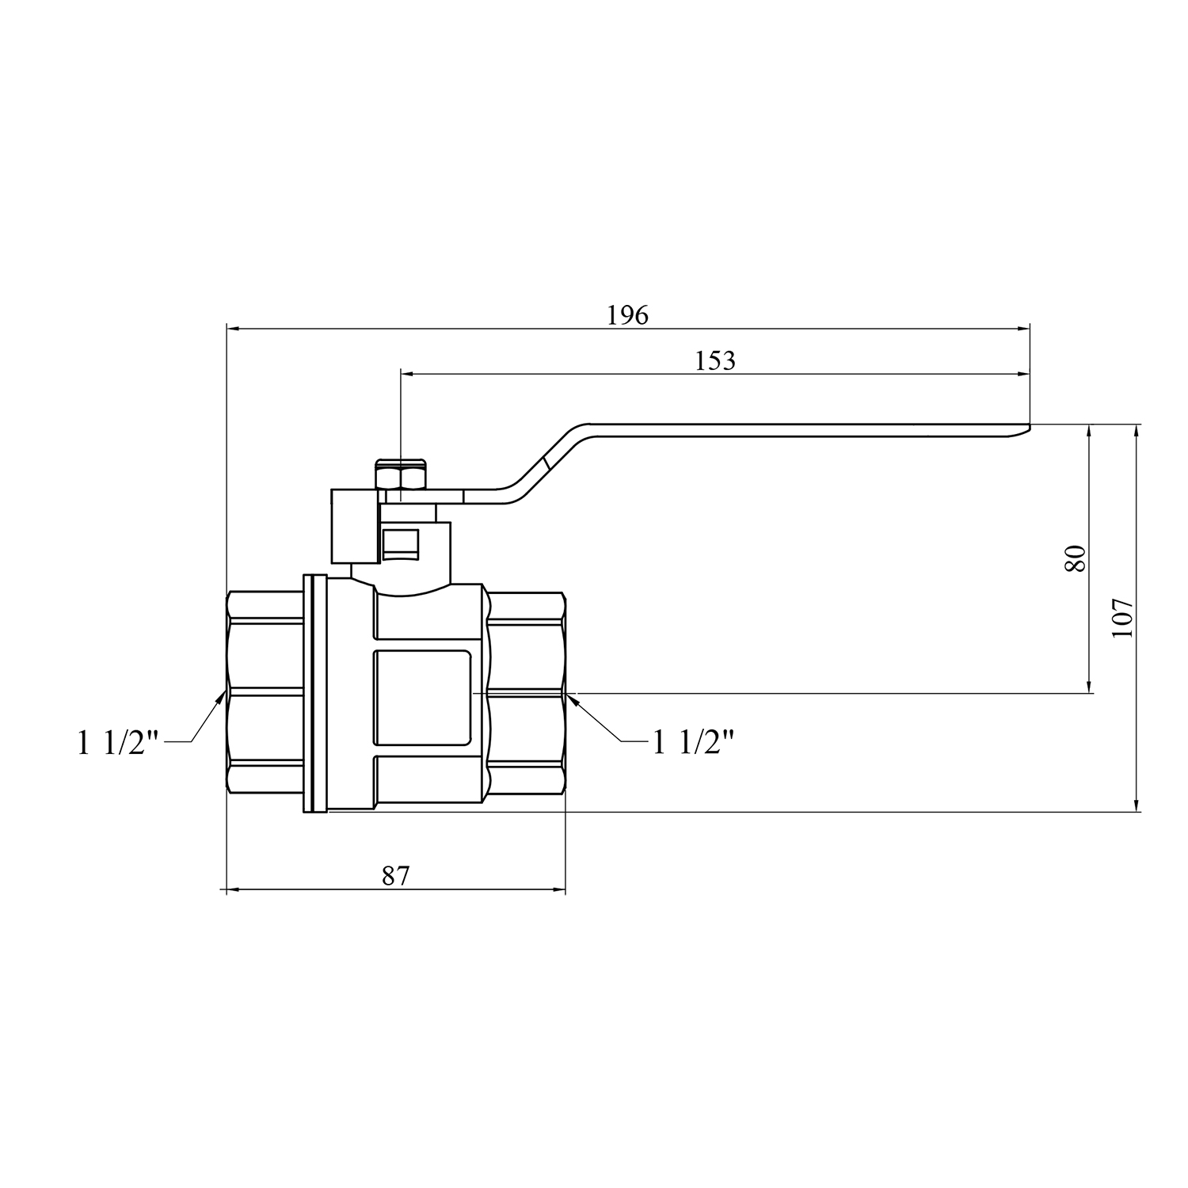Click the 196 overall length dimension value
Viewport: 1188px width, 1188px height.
(627, 315)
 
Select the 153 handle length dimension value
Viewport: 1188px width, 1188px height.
(715, 360)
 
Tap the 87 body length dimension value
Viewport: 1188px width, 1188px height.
(396, 876)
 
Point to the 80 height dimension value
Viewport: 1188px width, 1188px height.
(1075, 558)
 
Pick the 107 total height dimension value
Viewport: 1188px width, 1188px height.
(1123, 619)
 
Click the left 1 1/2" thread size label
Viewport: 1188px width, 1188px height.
(118, 744)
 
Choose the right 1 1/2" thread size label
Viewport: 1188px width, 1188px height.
(692, 743)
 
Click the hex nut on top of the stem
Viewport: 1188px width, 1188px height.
(401, 478)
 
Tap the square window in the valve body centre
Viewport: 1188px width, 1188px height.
(423, 698)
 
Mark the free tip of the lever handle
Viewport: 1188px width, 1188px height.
(1029, 428)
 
